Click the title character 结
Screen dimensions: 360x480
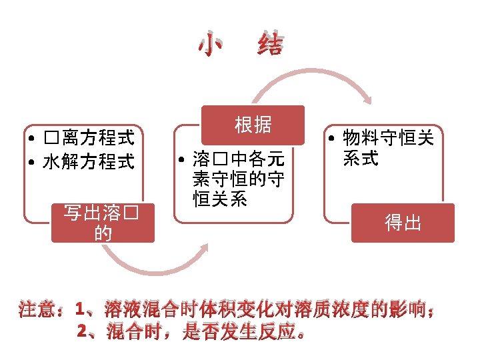[269, 45]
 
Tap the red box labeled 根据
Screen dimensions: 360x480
[253, 125]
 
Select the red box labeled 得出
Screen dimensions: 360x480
[403, 223]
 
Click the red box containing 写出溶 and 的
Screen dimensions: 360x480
[103, 223]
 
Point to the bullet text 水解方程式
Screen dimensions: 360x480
[89, 161]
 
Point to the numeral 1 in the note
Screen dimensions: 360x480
[81, 310]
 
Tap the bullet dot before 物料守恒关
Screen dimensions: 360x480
[331, 139]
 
